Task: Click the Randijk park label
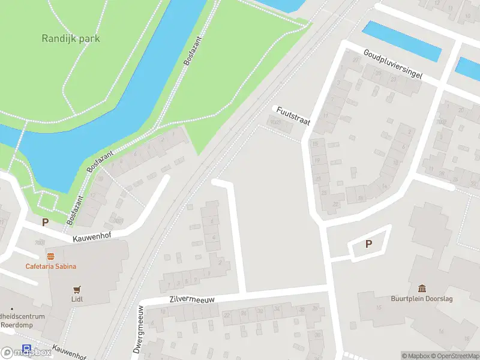pos(71,38)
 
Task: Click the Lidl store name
pos(76,299)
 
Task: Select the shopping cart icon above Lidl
pos(76,289)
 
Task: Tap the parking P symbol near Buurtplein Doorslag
pos(369,244)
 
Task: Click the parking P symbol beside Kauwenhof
pos(45,222)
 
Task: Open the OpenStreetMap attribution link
pos(455,356)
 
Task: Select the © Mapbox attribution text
pos(416,356)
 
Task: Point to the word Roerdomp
pos(17,325)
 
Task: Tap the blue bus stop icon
pos(26,349)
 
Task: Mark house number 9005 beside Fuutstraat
pos(275,122)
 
